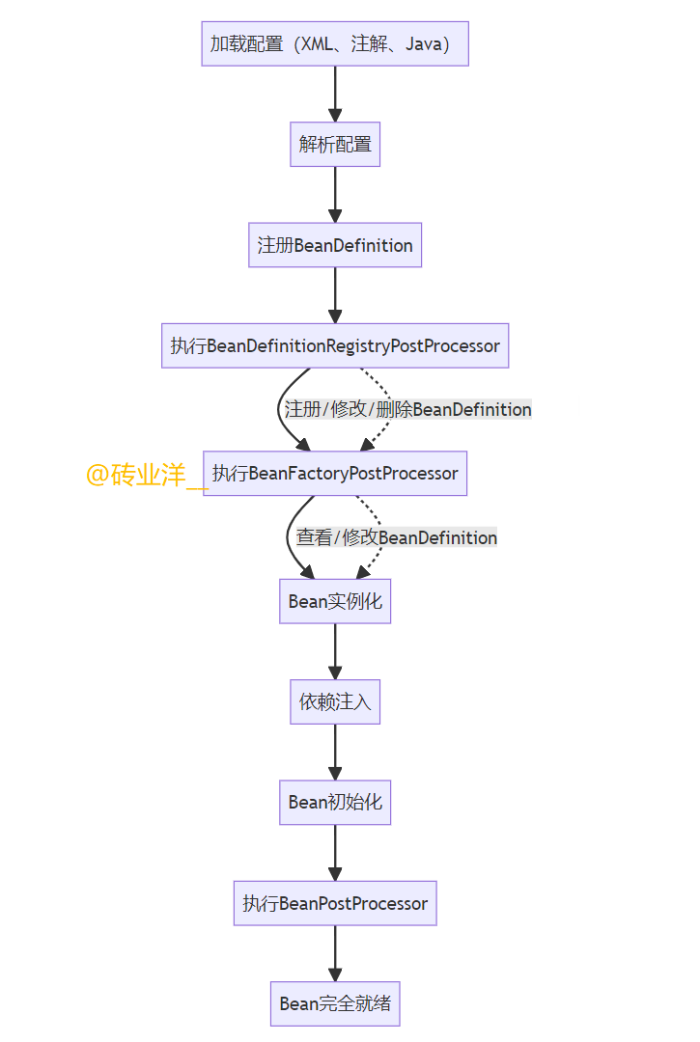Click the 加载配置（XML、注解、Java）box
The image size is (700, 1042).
click(335, 43)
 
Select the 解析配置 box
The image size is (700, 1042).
click(335, 144)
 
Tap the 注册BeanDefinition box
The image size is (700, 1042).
click(335, 245)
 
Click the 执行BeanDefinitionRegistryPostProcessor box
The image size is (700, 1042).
click(335, 345)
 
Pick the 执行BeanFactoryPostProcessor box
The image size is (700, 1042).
click(335, 474)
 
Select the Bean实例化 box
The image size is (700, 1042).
click(335, 601)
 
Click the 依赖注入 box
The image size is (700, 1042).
click(335, 701)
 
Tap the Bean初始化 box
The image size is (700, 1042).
click(335, 802)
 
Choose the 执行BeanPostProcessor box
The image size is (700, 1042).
click(335, 903)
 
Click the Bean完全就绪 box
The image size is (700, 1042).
click(335, 1003)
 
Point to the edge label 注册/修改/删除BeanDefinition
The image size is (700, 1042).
click(407, 409)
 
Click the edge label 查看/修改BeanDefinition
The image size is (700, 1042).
click(397, 537)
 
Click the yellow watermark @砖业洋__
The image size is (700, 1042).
click(146, 475)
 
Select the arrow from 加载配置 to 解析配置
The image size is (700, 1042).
click(335, 94)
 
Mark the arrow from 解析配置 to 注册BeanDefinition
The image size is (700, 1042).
click(335, 194)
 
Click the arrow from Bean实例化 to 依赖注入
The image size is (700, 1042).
click(335, 651)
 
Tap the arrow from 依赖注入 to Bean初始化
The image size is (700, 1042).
click(335, 752)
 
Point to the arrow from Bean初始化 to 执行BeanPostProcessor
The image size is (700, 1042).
click(335, 852)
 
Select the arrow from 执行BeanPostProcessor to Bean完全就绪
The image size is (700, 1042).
click(335, 953)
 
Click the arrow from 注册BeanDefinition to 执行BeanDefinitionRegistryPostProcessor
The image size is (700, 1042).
click(335, 295)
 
